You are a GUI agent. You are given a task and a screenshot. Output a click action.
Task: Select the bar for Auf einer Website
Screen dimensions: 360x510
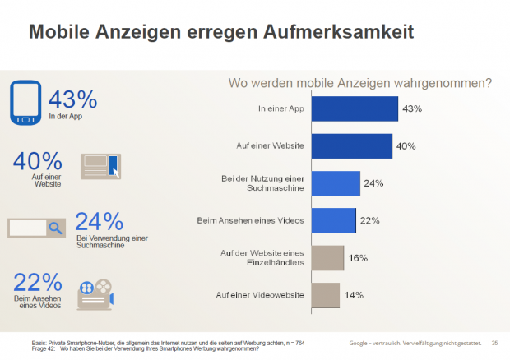(x=353, y=145)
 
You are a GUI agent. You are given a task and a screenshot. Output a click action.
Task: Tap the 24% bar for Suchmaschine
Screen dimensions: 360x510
(x=337, y=183)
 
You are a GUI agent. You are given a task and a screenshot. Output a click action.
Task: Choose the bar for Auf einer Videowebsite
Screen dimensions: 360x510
(x=327, y=294)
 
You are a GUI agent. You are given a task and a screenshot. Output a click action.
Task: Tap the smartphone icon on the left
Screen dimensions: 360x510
(x=25, y=102)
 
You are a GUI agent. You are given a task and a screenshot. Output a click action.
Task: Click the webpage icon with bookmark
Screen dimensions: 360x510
(x=101, y=166)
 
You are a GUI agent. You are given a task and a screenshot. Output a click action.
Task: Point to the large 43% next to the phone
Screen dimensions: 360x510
(x=72, y=100)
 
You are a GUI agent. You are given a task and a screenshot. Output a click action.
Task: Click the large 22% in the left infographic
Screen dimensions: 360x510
(x=37, y=281)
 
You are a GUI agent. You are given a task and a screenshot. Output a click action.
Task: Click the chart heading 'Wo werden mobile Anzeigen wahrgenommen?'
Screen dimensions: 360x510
(x=359, y=83)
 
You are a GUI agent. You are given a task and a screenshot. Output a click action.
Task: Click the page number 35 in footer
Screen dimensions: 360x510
(x=494, y=342)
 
